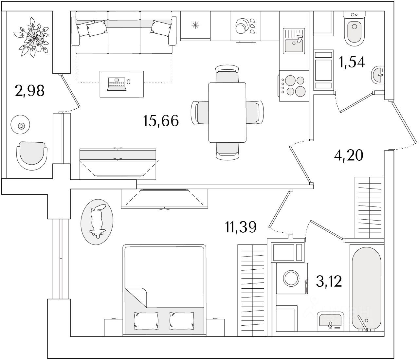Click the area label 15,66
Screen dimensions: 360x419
[161, 121]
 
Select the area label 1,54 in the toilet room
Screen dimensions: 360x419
[352, 62]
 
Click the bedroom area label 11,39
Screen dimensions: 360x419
[241, 227]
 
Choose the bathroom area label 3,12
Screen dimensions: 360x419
[329, 281]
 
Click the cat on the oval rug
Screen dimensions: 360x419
[97, 222]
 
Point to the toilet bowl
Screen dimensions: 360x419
[354, 31]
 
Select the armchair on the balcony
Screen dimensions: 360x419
[32, 155]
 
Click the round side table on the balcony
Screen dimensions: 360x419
[21, 125]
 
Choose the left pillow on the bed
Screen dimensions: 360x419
[146, 320]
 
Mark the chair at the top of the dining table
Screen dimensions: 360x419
[227, 74]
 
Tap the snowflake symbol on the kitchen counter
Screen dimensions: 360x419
[195, 25]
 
